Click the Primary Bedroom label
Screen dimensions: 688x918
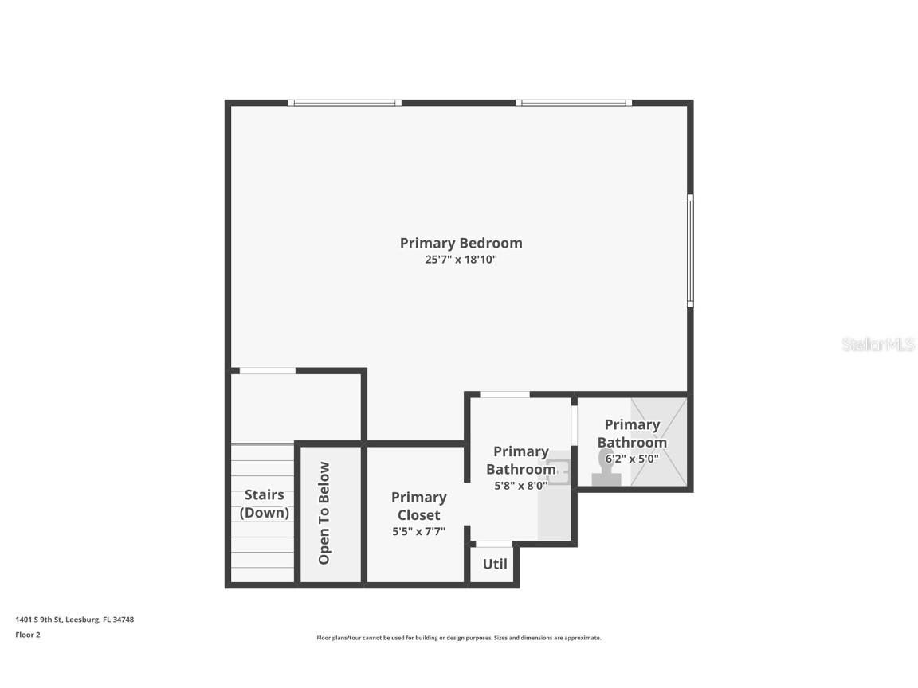(x=461, y=243)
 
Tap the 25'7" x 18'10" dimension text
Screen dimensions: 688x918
(x=461, y=260)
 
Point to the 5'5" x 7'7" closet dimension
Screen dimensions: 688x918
(x=418, y=531)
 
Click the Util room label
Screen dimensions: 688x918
(x=494, y=564)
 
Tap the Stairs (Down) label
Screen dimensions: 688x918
(x=265, y=503)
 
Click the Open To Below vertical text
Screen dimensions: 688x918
(x=324, y=513)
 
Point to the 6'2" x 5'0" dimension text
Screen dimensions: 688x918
(x=631, y=459)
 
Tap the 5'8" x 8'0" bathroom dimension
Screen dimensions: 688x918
(x=520, y=484)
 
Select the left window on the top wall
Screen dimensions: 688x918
(x=344, y=103)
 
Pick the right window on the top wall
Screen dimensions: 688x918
(x=573, y=103)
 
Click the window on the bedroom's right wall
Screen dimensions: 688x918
(x=690, y=251)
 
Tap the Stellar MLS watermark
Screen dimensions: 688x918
(x=878, y=344)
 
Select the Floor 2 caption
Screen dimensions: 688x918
(x=27, y=635)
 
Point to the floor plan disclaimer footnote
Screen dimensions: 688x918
(x=459, y=638)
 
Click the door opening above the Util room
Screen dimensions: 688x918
(x=494, y=545)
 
